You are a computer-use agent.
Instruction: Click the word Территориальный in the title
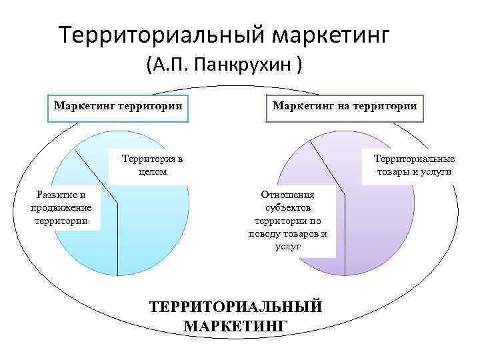[x=161, y=34]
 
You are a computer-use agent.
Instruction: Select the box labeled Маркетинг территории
[x=118, y=106]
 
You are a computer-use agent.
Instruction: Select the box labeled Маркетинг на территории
[x=345, y=106]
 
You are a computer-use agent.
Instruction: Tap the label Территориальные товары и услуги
[x=414, y=165]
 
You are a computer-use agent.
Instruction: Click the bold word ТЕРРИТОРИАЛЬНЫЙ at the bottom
[x=236, y=307]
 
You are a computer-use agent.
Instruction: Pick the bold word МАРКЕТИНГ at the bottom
[x=235, y=325]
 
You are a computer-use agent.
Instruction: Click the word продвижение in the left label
[x=61, y=207]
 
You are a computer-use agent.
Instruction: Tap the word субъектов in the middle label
[x=287, y=207]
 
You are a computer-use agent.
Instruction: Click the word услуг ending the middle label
[x=287, y=245]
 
